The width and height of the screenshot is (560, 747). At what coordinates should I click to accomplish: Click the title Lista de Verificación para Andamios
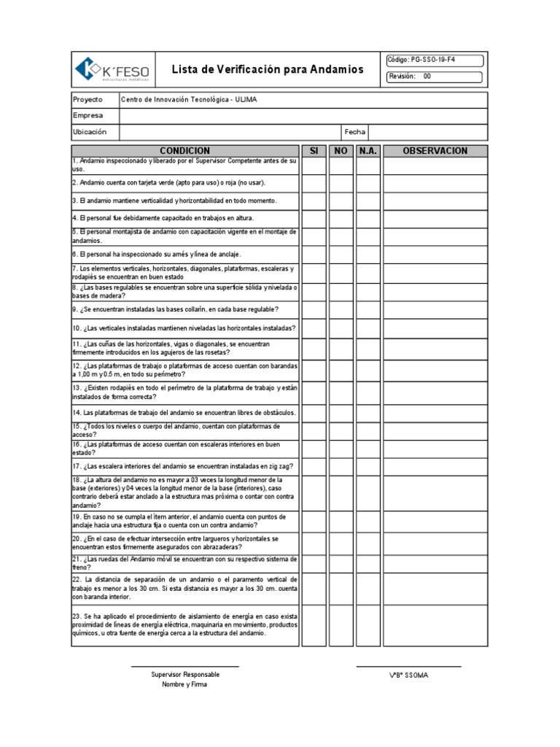click(x=267, y=70)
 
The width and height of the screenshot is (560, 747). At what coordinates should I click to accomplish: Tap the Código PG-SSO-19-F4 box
click(x=433, y=61)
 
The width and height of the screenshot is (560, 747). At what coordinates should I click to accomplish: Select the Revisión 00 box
click(x=433, y=77)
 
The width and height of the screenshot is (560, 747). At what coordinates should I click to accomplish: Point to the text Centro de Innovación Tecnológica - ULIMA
click(x=189, y=99)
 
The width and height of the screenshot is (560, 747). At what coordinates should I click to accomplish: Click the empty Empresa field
click(x=303, y=115)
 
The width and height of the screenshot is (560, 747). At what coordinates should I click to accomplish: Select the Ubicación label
click(x=90, y=132)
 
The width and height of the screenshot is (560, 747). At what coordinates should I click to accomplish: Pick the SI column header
click(x=314, y=150)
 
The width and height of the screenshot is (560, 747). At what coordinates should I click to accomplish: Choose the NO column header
click(x=341, y=150)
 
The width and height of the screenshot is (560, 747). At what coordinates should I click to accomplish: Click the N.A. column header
click(x=367, y=150)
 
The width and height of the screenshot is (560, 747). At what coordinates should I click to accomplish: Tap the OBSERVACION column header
click(x=435, y=150)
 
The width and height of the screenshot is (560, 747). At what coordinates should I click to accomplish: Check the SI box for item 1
click(x=314, y=166)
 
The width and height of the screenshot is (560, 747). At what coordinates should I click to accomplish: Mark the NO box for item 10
click(x=341, y=328)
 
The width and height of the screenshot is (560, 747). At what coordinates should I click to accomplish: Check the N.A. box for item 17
click(x=367, y=465)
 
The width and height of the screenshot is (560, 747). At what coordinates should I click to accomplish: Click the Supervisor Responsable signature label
click(x=185, y=675)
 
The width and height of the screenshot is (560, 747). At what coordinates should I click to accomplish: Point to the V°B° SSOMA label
click(x=409, y=676)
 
